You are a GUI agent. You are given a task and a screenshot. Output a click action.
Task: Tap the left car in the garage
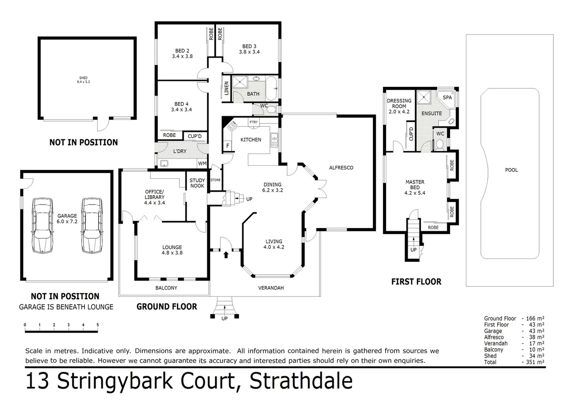(x=42, y=225)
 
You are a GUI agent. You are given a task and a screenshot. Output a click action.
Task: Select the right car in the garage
(x=92, y=225)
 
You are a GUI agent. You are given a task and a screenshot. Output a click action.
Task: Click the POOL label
(x=511, y=170)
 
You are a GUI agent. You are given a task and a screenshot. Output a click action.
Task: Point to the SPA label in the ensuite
(x=447, y=97)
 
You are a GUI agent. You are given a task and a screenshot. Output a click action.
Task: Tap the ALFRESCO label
(x=341, y=168)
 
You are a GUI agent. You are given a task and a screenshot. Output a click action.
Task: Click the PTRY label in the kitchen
(x=253, y=122)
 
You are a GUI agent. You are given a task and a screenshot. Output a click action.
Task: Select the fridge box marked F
(x=227, y=146)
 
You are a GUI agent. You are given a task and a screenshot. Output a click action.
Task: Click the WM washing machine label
(x=202, y=163)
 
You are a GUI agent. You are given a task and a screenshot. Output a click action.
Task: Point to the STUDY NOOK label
(x=197, y=183)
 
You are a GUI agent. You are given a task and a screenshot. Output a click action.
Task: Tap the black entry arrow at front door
(x=226, y=255)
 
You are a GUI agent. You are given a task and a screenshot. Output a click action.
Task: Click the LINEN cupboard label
(x=226, y=88)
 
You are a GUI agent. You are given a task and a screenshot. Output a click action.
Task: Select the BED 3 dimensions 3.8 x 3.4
(x=249, y=52)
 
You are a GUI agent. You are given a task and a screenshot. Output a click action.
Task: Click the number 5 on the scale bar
(x=98, y=325)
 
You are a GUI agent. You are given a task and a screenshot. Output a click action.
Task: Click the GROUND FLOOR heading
(x=167, y=307)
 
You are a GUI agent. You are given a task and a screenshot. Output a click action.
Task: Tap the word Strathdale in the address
(x=301, y=381)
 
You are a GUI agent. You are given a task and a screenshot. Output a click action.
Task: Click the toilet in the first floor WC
(x=440, y=144)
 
